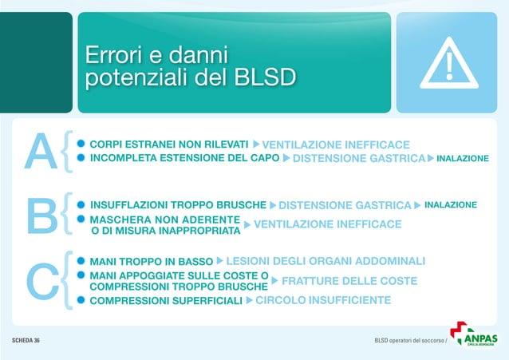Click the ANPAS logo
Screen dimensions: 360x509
474,334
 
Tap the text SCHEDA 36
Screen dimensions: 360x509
26,341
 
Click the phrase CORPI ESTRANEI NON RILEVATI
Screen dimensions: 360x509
169,144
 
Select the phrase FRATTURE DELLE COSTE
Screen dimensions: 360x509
349,281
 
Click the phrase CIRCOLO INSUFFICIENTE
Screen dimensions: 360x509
323,300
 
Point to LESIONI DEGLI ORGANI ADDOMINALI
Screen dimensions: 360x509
326,261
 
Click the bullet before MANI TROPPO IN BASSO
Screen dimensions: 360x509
80,261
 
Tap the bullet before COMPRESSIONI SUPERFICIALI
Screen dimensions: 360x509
80,301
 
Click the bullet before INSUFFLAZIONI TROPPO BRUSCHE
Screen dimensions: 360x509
80,205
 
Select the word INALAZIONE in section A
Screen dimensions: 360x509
462,159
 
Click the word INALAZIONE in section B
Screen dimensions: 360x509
450,205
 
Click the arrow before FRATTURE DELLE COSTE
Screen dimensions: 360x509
275,281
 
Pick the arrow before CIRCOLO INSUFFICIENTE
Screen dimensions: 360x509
249,301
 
